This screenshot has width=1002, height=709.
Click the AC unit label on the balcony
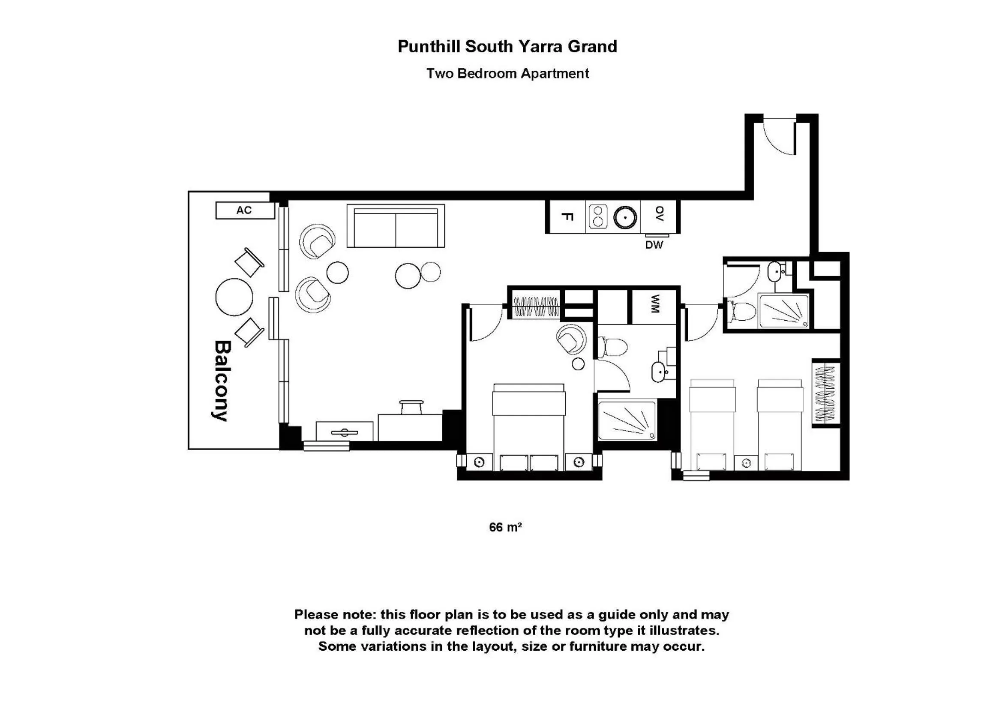(245, 210)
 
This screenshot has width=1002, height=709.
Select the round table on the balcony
(234, 297)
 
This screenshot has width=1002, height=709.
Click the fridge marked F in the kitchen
(567, 216)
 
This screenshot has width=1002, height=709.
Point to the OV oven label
(660, 214)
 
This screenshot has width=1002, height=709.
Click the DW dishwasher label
(654, 245)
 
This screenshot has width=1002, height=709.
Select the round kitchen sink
(625, 217)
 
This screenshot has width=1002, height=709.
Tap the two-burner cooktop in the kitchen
(598, 216)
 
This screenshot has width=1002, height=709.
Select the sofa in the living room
(396, 226)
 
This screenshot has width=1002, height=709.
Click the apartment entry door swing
(780, 138)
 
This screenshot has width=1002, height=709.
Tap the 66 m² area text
(505, 527)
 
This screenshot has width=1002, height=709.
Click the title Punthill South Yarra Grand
(507, 47)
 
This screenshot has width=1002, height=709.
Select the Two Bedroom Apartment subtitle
(507, 73)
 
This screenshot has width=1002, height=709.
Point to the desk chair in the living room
(411, 407)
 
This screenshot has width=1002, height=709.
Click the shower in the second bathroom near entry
(783, 311)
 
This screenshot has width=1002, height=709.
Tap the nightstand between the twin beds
(746, 463)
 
